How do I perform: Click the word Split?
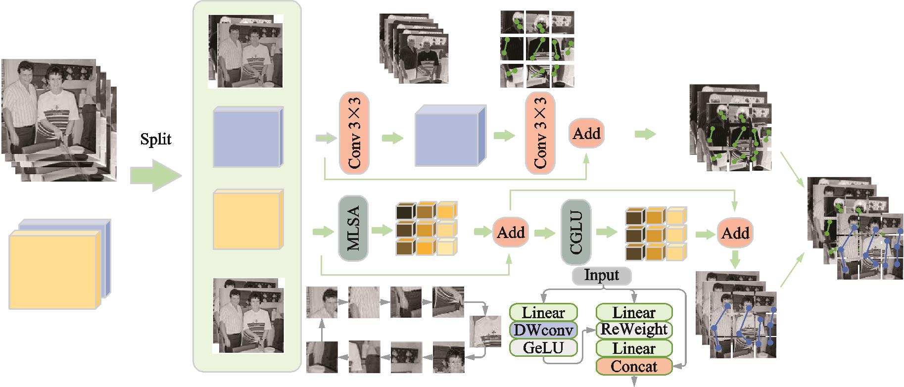[155, 140]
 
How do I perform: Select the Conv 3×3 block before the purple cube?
[354, 133]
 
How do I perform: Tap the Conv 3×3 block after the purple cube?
[540, 133]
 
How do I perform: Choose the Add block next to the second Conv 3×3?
[586, 133]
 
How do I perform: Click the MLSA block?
[353, 229]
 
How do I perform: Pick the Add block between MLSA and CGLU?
[511, 232]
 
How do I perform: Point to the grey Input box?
[602, 275]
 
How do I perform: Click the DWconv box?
[543, 330]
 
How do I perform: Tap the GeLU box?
[543, 348]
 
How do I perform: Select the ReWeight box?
[634, 330]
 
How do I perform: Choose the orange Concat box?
[634, 367]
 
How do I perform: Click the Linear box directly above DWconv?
[543, 313]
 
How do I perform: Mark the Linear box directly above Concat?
[634, 348]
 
